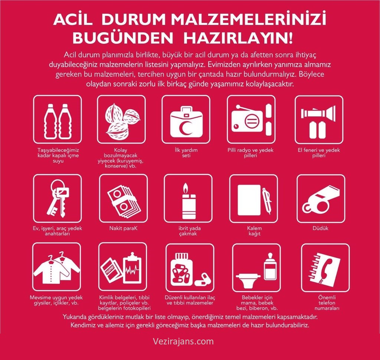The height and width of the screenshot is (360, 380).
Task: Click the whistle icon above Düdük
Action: point(321,199)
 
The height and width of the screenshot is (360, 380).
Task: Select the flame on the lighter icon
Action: point(186,188)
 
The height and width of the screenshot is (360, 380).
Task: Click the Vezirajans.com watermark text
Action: point(183,341)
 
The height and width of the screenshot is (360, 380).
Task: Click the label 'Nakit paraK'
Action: point(123,228)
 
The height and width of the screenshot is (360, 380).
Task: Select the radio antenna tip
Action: point(238,106)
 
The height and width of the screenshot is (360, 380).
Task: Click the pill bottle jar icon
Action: point(181,269)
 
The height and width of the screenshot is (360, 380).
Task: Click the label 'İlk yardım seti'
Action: point(186,153)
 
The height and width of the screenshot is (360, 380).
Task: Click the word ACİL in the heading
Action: point(73,20)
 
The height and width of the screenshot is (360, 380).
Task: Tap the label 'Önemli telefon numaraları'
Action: point(327,303)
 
